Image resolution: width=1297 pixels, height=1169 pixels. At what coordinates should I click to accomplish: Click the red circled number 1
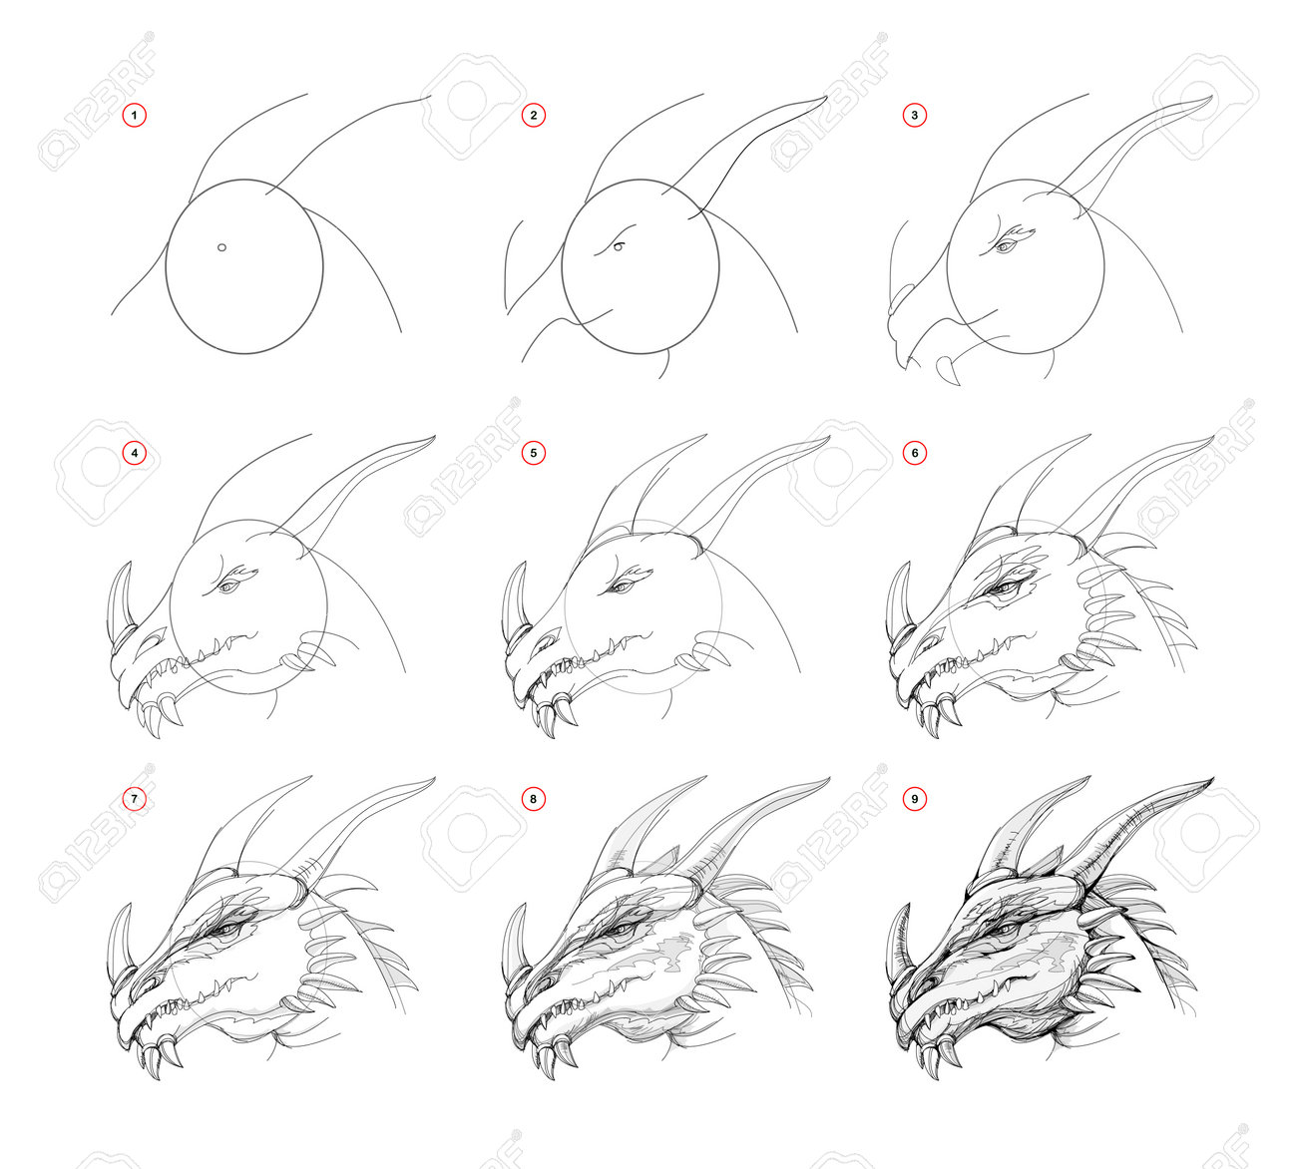135,116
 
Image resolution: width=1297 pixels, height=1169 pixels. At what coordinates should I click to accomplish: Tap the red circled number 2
534,116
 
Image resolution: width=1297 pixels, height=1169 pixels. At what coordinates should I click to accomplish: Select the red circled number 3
914,116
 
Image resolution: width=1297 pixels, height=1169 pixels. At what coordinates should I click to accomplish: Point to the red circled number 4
135,453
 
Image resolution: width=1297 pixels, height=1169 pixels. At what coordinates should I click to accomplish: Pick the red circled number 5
534,453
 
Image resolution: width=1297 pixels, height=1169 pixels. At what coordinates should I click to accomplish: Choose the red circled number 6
914,453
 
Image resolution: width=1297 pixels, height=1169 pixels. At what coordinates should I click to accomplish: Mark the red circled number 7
135,799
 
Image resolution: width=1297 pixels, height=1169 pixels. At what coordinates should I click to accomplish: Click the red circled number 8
534,799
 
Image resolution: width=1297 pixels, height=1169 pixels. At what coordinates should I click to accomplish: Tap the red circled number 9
914,799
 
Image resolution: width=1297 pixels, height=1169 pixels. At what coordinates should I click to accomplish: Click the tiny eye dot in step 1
221,247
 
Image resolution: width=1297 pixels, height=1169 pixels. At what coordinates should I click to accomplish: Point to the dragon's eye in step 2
619,246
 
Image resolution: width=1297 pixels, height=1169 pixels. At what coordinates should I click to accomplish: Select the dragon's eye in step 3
1004,246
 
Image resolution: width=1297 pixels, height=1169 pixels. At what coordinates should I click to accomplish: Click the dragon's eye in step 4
227,586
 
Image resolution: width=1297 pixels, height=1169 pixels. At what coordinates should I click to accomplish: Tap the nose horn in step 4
120,595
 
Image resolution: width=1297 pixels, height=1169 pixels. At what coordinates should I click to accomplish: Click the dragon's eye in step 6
1003,587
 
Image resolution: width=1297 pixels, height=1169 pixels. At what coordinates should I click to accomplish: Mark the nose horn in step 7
120,937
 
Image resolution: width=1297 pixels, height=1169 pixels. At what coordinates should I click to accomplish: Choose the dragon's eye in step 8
622,930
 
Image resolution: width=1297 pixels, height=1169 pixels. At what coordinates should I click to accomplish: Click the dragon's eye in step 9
1003,930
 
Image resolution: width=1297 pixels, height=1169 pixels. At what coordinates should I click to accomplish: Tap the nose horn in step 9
899,937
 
